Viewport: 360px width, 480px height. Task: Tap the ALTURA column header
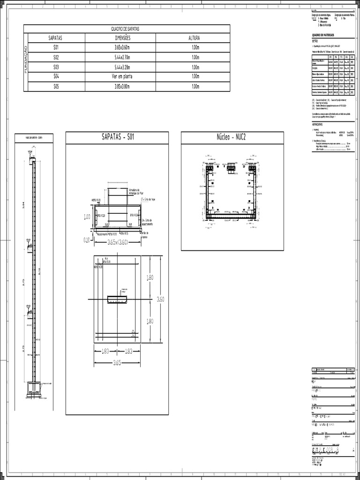pos(194,38)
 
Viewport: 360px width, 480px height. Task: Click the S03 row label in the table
pos(56,67)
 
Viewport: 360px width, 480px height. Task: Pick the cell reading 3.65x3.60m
pos(122,48)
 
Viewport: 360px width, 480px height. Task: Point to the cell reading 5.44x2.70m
pos(122,57)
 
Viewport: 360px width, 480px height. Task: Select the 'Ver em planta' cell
pos(122,77)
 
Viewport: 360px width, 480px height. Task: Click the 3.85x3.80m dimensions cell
pos(122,87)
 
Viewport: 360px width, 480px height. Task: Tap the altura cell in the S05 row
pos(194,87)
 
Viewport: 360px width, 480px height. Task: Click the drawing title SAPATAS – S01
pos(117,137)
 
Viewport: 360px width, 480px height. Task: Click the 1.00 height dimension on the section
pos(87,217)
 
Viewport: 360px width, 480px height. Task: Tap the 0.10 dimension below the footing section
pos(87,240)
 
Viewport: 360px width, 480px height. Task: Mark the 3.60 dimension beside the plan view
pos(160,299)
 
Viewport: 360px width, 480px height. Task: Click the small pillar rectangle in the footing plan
pos(118,299)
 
